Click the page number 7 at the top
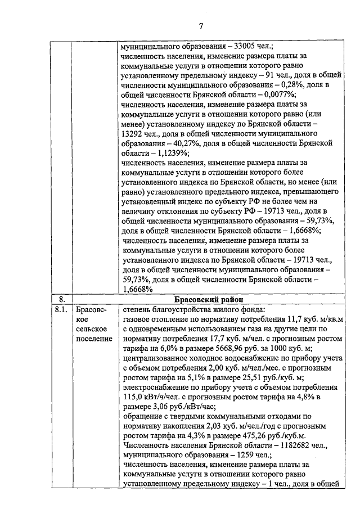[200, 25]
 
